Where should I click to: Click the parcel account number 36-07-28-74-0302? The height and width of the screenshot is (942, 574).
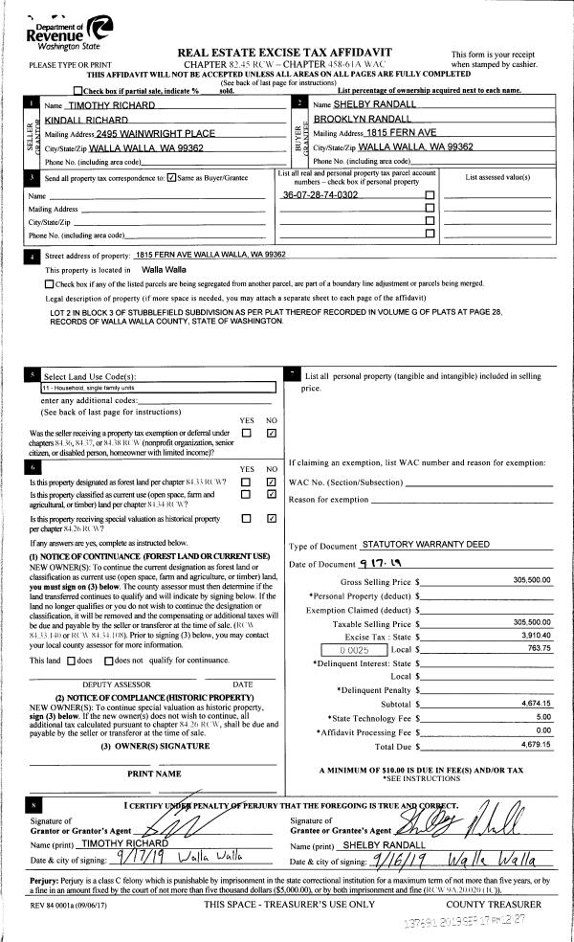pyautogui.click(x=320, y=194)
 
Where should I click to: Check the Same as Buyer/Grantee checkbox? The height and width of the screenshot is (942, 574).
pyautogui.click(x=171, y=177)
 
